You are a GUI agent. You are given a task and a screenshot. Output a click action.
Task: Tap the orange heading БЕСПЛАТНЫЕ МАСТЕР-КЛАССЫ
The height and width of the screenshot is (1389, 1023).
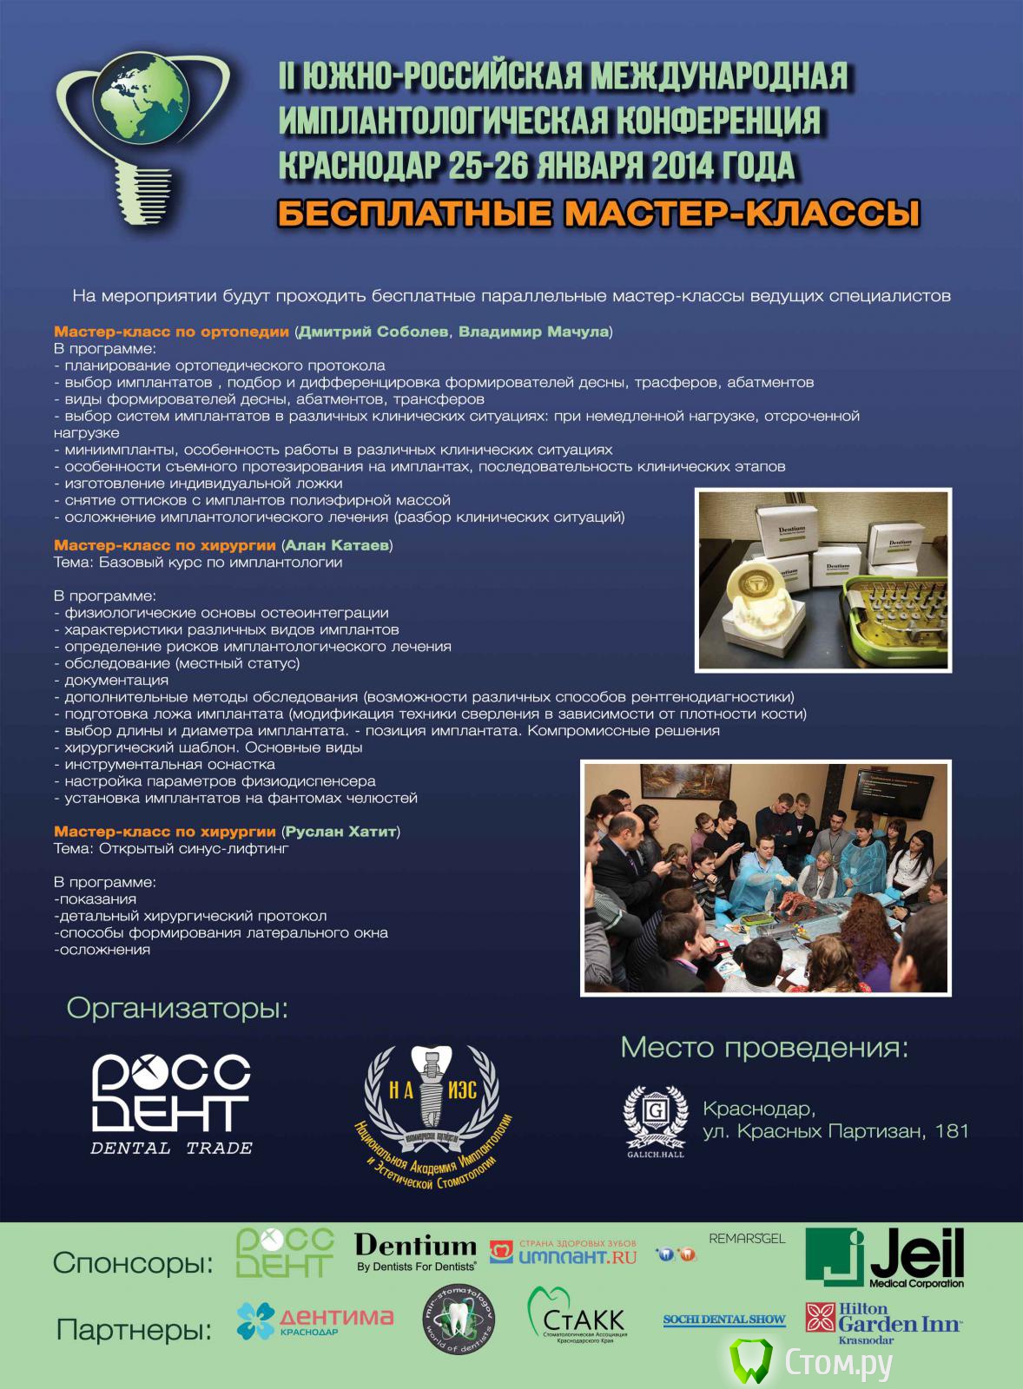point(598,213)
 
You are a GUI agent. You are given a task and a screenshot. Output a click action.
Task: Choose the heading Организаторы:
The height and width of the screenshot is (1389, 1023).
point(177,1010)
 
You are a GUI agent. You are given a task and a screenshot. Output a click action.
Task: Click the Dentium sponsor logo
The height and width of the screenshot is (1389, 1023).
point(415,1251)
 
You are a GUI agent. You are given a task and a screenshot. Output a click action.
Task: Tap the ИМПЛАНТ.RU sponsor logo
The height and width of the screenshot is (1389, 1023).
point(564,1251)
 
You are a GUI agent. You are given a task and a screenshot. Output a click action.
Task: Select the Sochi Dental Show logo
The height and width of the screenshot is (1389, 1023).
point(723,1320)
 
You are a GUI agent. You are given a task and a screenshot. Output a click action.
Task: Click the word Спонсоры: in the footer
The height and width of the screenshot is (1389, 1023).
point(133,1262)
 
